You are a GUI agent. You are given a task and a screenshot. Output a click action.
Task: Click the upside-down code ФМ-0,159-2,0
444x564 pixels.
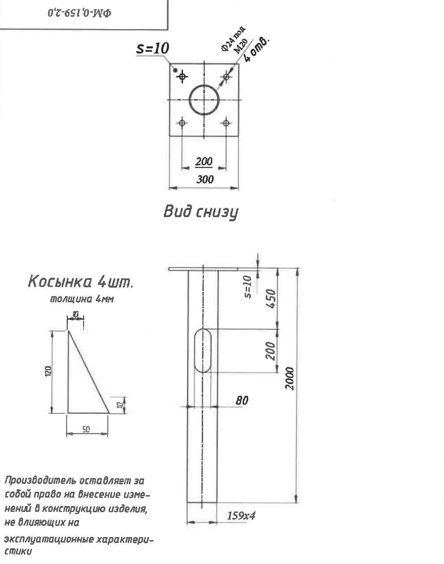[80, 13]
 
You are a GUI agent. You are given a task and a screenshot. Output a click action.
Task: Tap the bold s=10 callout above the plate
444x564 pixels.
[153, 48]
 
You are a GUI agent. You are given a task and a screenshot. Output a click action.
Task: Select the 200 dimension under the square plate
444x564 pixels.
[204, 162]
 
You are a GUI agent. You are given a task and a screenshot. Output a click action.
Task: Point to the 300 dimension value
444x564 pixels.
[205, 179]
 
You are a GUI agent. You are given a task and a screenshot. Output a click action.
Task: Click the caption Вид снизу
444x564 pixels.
[201, 212]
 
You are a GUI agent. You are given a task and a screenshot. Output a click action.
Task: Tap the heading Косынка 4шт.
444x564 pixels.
[80, 282]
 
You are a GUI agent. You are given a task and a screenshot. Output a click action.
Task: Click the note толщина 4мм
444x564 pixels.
[82, 300]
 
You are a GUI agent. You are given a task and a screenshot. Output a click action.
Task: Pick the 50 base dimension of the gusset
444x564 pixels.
[86, 430]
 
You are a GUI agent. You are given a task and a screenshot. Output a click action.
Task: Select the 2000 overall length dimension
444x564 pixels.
[289, 379]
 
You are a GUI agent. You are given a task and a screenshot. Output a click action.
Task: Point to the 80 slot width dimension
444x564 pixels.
[242, 400]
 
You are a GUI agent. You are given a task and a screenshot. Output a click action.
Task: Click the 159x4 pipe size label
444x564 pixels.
[241, 516]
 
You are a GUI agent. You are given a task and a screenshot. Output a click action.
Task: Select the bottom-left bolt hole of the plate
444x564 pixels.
[182, 123]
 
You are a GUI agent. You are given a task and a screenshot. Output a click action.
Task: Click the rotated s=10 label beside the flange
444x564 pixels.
[248, 287]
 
